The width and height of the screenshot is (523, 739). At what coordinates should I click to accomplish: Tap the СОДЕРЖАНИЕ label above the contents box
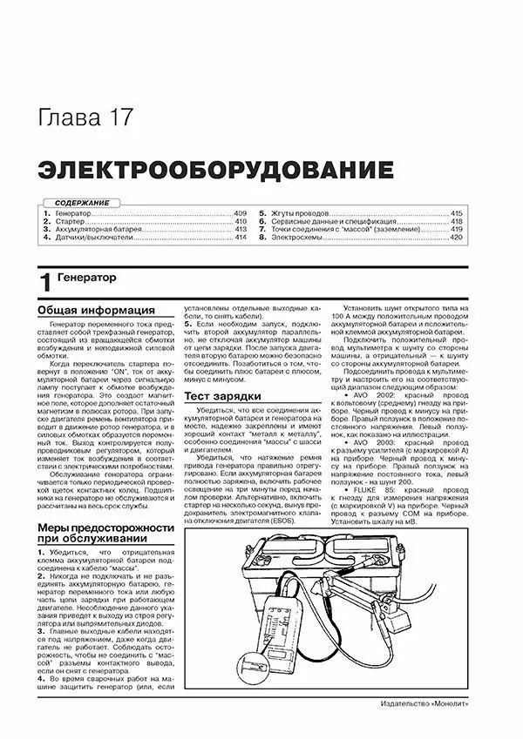[71, 202]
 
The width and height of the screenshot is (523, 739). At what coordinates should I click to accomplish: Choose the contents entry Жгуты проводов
[301, 213]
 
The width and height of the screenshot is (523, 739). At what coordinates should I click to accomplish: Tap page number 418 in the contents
[457, 221]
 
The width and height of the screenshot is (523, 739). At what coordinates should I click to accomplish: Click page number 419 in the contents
[457, 229]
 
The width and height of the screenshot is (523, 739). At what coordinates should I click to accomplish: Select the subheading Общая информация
[97, 311]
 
